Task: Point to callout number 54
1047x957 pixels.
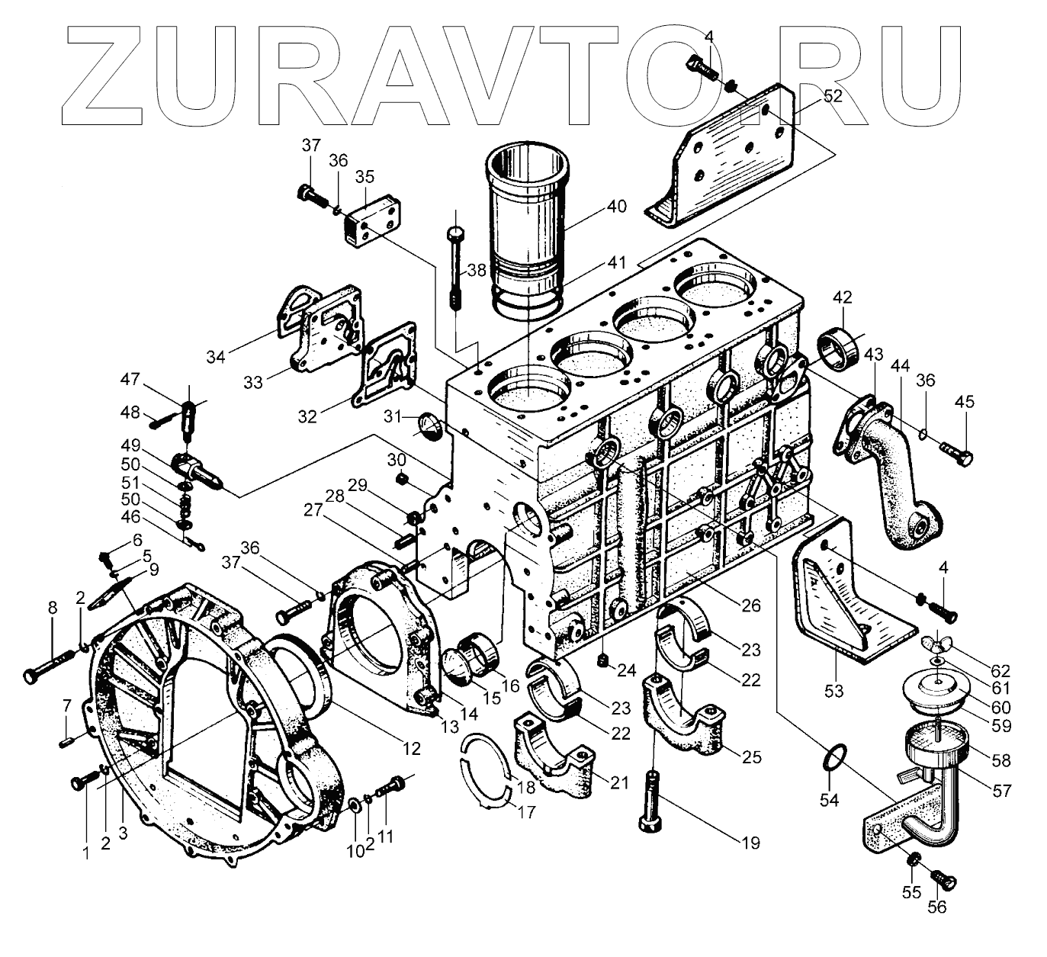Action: click(x=829, y=800)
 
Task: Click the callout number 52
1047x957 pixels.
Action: click(x=811, y=96)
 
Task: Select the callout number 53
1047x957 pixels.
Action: click(x=833, y=691)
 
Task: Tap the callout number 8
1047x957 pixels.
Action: click(x=52, y=608)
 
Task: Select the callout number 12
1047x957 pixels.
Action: click(x=411, y=749)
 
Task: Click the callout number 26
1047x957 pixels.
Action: click(x=751, y=605)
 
